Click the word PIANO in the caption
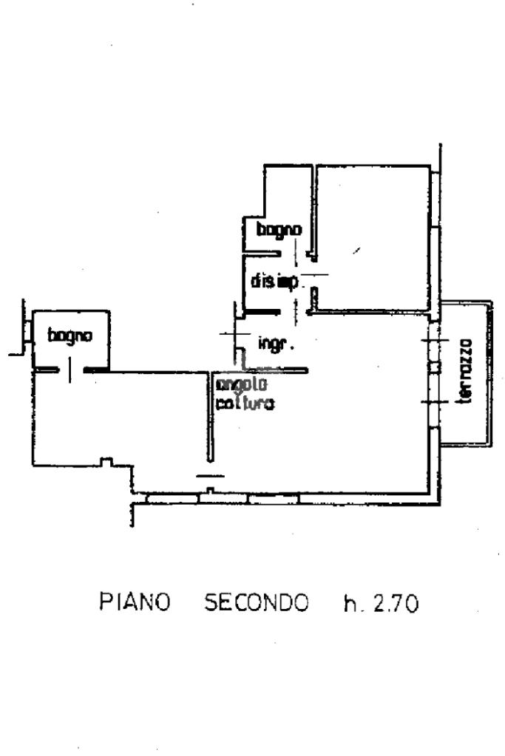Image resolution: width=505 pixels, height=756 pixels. click(x=135, y=603)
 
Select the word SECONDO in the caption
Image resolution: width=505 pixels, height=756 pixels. click(x=256, y=603)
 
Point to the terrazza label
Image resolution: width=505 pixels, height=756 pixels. click(x=465, y=371)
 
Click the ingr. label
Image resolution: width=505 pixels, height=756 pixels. click(x=277, y=344)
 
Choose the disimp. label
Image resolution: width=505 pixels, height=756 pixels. click(x=274, y=282)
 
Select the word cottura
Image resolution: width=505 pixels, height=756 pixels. click(x=245, y=404)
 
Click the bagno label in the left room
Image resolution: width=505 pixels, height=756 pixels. click(x=70, y=336)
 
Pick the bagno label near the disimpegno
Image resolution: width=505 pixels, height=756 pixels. click(x=279, y=230)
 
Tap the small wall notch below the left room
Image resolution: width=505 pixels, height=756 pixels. click(x=106, y=462)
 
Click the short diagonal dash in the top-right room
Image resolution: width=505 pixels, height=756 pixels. click(x=357, y=251)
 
